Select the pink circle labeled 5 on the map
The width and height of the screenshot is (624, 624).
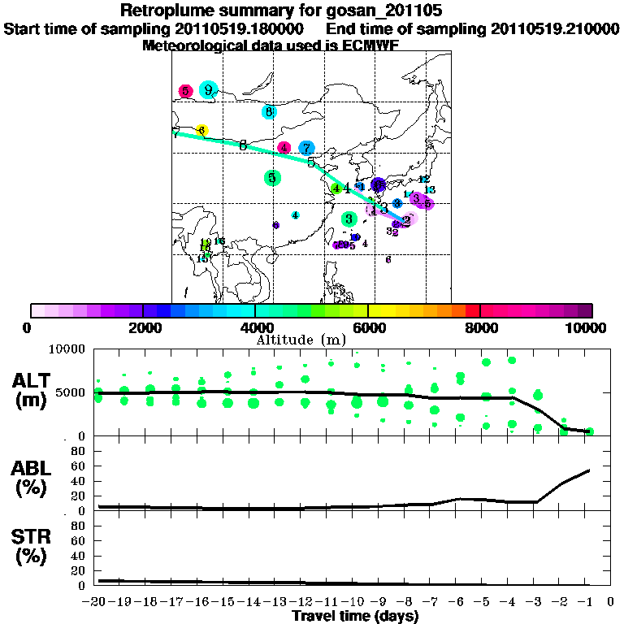[x=186, y=91]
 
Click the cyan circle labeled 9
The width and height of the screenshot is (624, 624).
[x=209, y=90]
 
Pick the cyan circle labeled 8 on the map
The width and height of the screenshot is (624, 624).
[x=269, y=112]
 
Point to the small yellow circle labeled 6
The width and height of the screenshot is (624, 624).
[x=201, y=130]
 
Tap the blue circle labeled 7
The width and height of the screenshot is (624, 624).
[x=306, y=148]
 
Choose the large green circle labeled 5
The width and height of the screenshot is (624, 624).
[x=273, y=178]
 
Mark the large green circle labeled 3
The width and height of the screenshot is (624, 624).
[x=349, y=219]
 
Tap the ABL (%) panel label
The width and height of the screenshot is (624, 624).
[x=32, y=479]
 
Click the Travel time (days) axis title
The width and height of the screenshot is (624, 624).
[x=355, y=616]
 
